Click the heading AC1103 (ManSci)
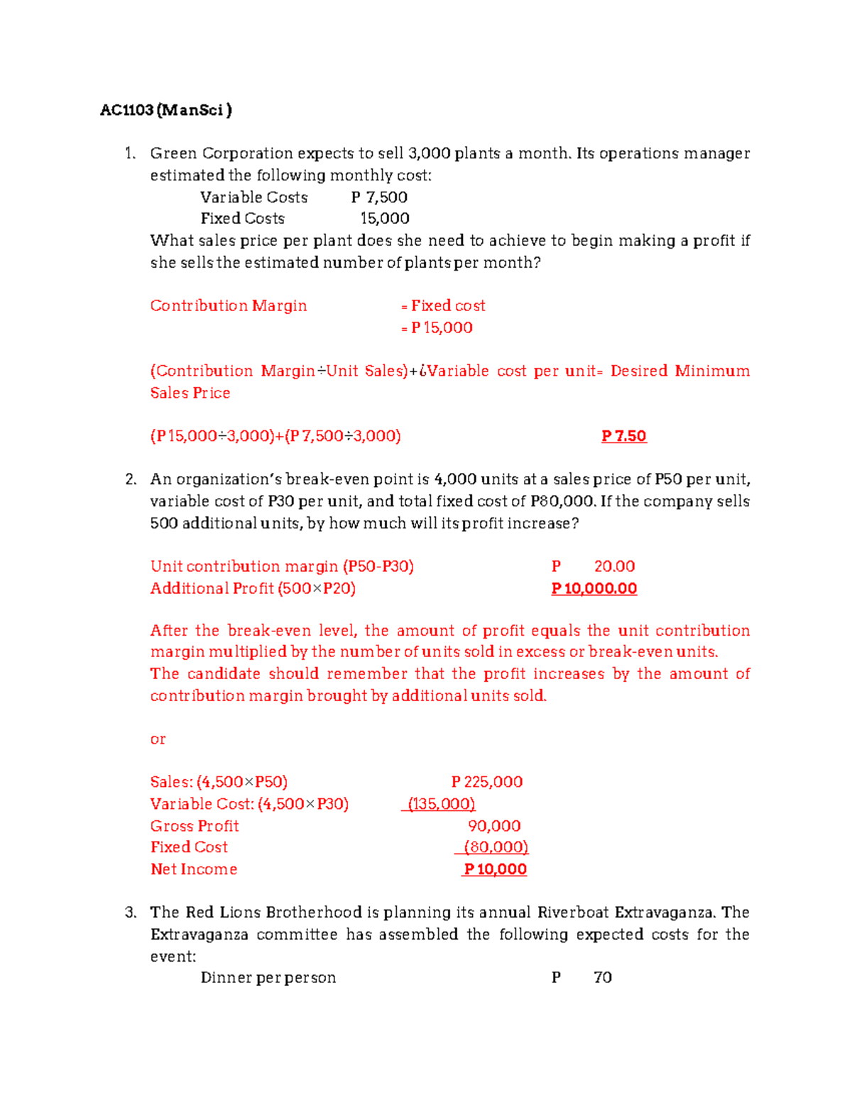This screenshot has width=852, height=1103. pyautogui.click(x=166, y=110)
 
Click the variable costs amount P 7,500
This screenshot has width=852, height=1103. pyautogui.click(x=379, y=197)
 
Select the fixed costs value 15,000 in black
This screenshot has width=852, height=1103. pyautogui.click(x=385, y=219)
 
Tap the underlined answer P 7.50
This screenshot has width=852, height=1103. pyautogui.click(x=623, y=436)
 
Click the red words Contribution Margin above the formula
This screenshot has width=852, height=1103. pyautogui.click(x=229, y=306)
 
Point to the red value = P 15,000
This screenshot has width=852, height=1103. pyautogui.click(x=437, y=328)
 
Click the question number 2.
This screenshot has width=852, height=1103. pyautogui.click(x=131, y=479)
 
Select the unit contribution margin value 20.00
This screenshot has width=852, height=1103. pyautogui.click(x=614, y=567)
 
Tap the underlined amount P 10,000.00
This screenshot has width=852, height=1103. pyautogui.click(x=594, y=589)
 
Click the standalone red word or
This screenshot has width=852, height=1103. pyautogui.click(x=158, y=739)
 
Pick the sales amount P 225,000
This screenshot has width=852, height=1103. pyautogui.click(x=487, y=782)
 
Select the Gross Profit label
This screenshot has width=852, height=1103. pyautogui.click(x=195, y=826)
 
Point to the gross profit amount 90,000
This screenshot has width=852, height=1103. pyautogui.click(x=494, y=826)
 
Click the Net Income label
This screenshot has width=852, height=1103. pyautogui.click(x=194, y=869)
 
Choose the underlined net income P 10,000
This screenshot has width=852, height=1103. pyautogui.click(x=495, y=869)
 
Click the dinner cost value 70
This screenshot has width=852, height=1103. pyautogui.click(x=603, y=978)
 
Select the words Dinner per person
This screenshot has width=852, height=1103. pyautogui.click(x=268, y=978)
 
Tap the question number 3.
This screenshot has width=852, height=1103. pyautogui.click(x=131, y=913)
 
